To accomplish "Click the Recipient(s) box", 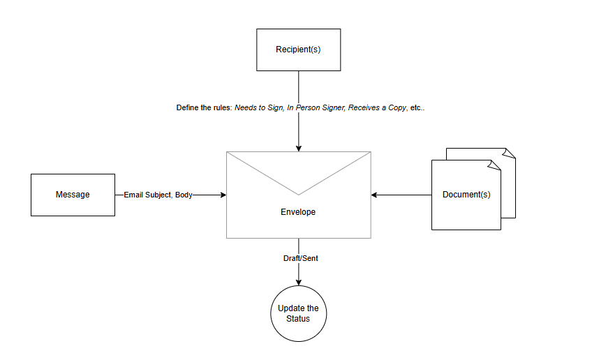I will tap(299, 50).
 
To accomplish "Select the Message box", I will tap(73, 195).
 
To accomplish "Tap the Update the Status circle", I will tap(299, 313).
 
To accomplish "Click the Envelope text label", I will tap(299, 211).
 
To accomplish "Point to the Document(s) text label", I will tap(466, 195).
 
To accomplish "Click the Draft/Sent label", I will tap(299, 258).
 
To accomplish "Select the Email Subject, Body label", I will tap(158, 195).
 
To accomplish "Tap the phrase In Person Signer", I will tap(315, 108).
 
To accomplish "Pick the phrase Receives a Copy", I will tap(377, 108).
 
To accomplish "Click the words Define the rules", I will tap(203, 108).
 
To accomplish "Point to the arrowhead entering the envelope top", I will tap(299, 148).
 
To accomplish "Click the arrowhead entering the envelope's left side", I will tap(223, 195).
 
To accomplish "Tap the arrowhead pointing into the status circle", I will tap(299, 282).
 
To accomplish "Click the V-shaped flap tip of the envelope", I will tap(299, 193).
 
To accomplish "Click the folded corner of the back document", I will tap(510, 152).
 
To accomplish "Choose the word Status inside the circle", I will tap(299, 319).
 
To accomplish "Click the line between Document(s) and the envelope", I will tap(405, 195).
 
